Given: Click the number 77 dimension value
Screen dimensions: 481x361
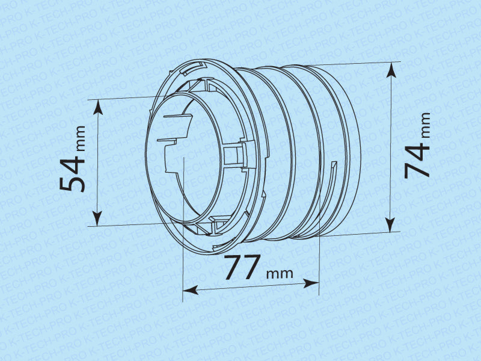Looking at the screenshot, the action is click(x=242, y=267).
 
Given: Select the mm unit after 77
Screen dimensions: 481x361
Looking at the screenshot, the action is click(x=280, y=274).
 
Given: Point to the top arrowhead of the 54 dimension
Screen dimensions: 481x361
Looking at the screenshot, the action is click(x=98, y=107).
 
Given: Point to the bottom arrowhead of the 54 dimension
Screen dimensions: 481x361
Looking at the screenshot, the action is click(x=97, y=218).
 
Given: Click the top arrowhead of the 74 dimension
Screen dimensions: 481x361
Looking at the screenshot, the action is click(x=391, y=70).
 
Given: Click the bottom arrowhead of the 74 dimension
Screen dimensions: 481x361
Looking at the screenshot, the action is click(x=390, y=224).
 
